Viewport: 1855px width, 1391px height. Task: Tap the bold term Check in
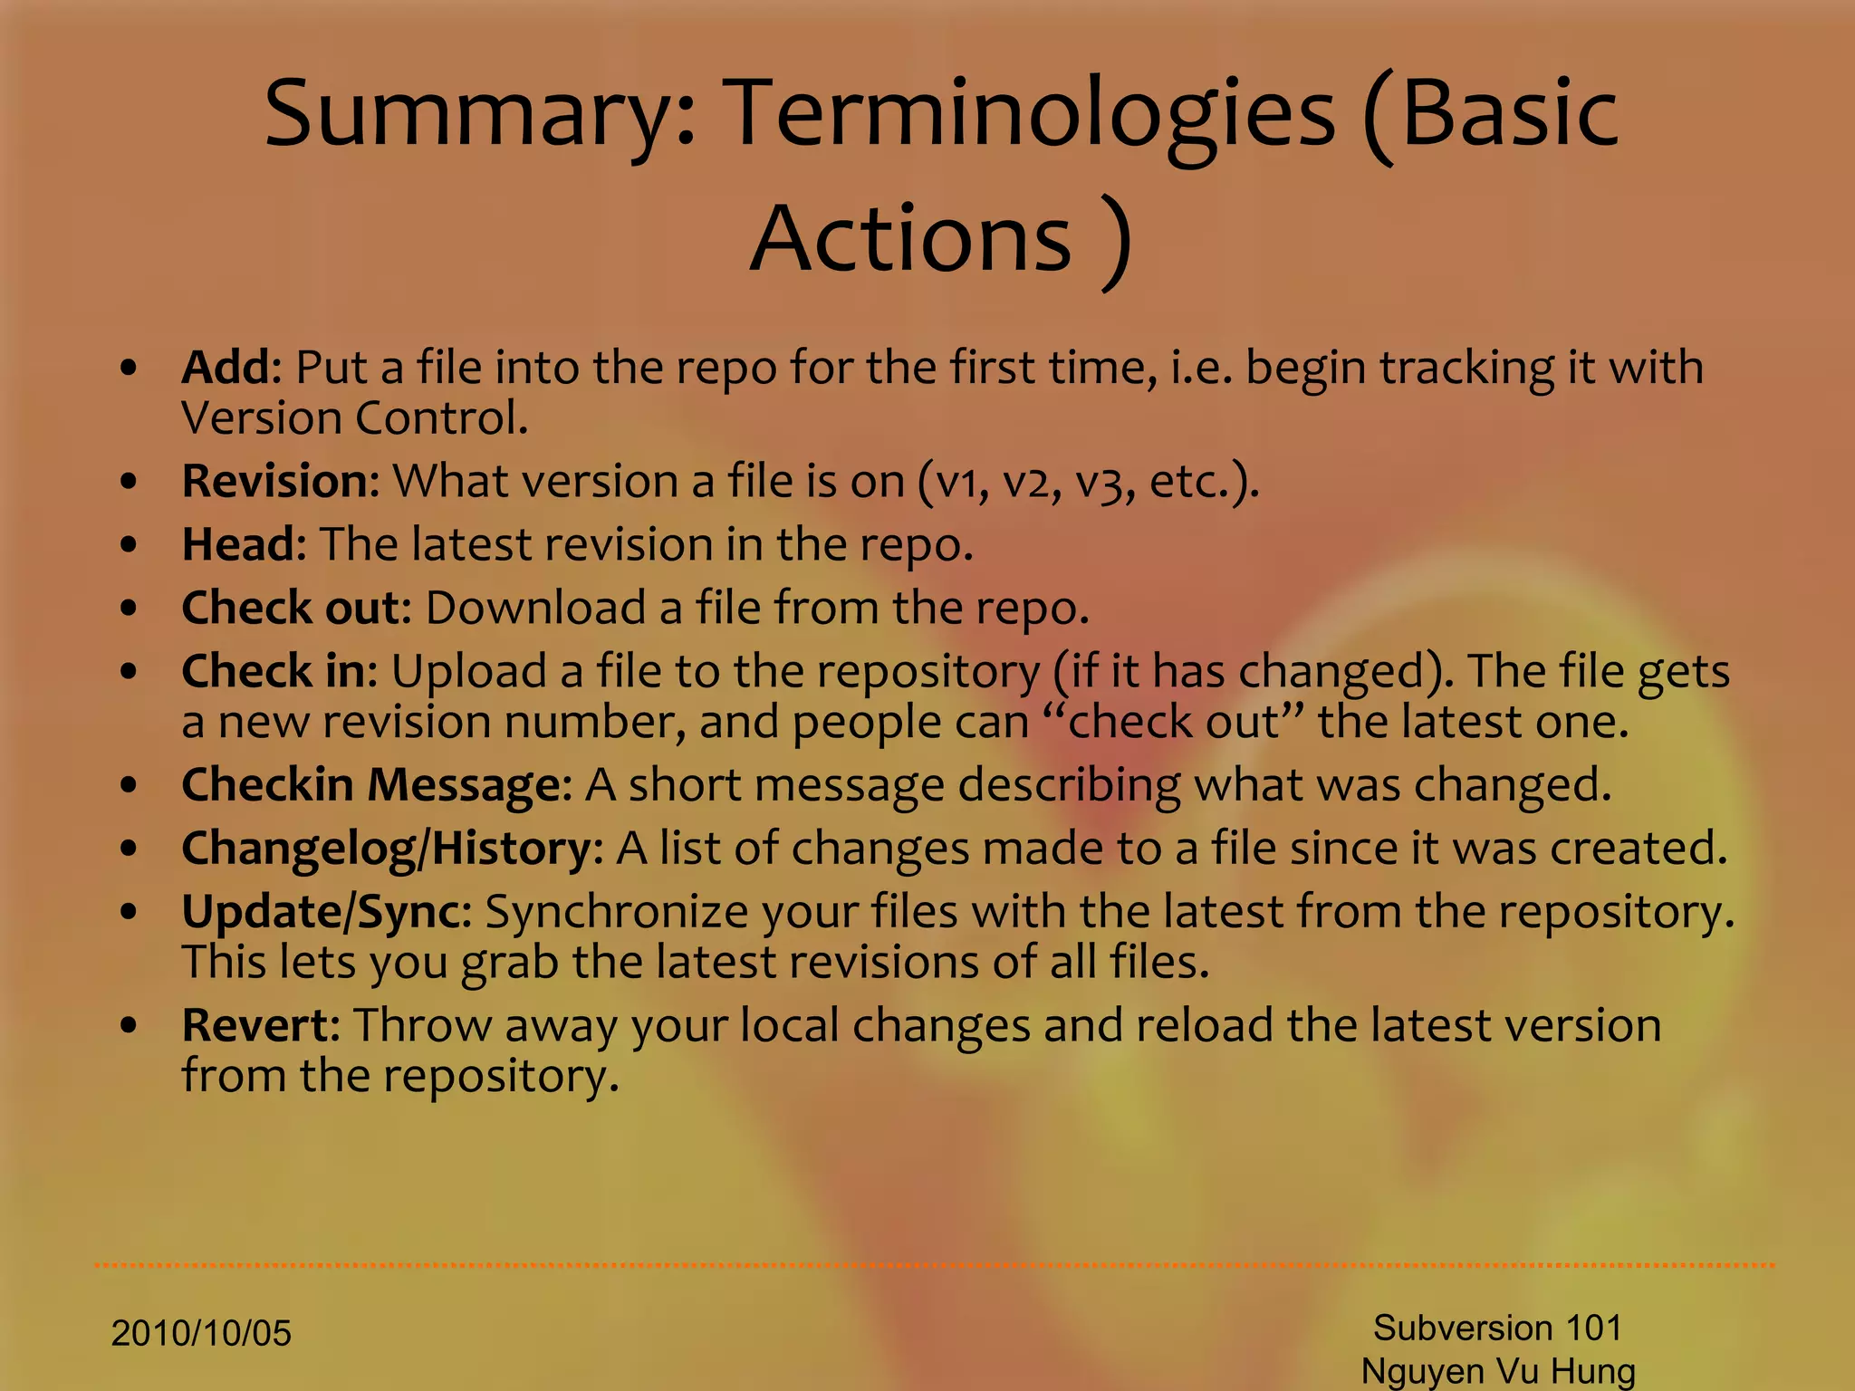(x=277, y=671)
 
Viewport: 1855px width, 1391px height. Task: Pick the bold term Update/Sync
(x=324, y=911)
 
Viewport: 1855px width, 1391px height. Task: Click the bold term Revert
(x=259, y=1025)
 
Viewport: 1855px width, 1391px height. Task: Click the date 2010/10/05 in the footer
(x=201, y=1334)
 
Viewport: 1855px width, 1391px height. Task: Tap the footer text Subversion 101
(x=1497, y=1328)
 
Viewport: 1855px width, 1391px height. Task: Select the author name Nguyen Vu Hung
(x=1497, y=1371)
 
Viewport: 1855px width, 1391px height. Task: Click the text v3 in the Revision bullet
(x=1099, y=483)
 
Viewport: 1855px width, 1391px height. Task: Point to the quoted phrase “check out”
(x=1173, y=722)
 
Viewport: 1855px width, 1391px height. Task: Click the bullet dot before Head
(x=130, y=545)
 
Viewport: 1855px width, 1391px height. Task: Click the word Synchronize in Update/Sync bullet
(x=616, y=912)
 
